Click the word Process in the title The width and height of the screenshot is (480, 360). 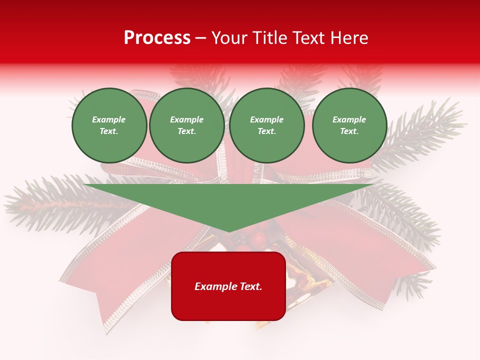point(157,38)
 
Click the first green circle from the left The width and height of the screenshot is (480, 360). point(109,125)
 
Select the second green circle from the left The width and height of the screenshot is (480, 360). point(187,125)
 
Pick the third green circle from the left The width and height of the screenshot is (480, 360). point(266,125)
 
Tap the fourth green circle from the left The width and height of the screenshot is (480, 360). point(349,125)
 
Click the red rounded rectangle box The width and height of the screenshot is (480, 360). point(228,286)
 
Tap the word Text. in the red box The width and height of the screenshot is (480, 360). point(250,286)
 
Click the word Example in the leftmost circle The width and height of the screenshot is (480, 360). point(109,119)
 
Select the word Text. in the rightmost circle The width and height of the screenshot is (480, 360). point(349,131)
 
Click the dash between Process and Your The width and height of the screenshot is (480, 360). point(201,38)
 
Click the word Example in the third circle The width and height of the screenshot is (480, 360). point(266,119)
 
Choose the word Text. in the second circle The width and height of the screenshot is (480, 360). point(187,131)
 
